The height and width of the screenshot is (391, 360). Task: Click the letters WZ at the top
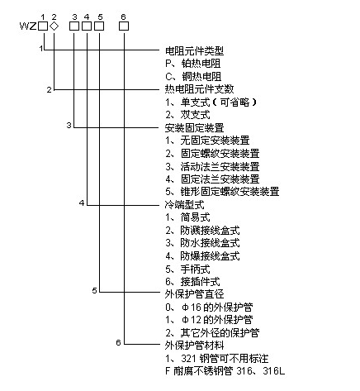[26, 26]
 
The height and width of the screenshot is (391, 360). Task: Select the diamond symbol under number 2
[54, 26]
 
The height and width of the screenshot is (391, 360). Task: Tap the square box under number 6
[124, 26]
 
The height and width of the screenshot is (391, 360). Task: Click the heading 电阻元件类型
[195, 50]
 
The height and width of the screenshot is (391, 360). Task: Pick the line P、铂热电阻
[193, 64]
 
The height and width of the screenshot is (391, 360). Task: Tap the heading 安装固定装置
[195, 127]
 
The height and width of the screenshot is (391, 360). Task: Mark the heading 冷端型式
[185, 203]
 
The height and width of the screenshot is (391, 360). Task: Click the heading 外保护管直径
[195, 293]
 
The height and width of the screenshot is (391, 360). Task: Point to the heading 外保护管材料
[195, 344]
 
